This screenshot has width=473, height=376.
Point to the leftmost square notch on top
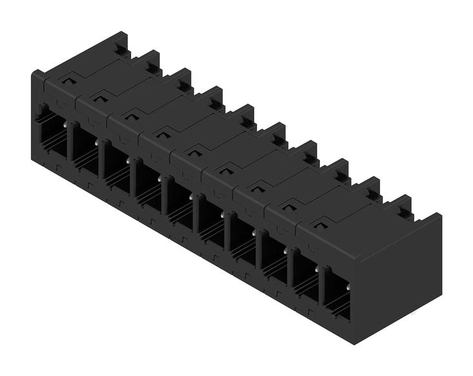point(67,80)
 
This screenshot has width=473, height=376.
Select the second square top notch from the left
point(99,98)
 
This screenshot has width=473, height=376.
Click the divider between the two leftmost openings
point(69,146)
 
